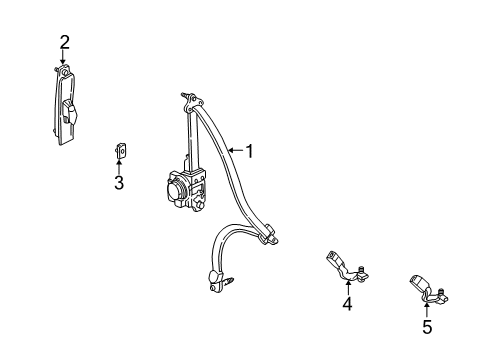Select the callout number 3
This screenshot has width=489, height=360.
point(118,183)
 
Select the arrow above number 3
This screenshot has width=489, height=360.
point(118,165)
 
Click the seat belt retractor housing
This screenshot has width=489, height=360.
point(182,188)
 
